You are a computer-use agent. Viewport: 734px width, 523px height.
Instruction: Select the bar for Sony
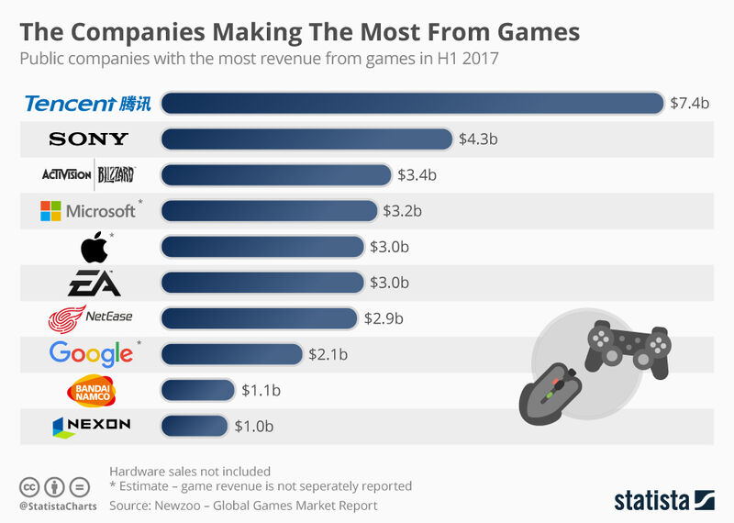tap(306, 139)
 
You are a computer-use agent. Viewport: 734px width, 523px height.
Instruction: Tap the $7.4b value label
tap(689, 103)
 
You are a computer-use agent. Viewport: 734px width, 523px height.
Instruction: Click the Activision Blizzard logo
tap(89, 174)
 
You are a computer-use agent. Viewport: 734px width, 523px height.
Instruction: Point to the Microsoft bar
tap(269, 210)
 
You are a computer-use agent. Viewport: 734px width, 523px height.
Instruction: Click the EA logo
tap(89, 283)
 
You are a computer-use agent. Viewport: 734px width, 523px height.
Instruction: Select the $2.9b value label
tap(384, 318)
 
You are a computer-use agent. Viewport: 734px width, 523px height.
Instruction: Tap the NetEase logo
tap(89, 318)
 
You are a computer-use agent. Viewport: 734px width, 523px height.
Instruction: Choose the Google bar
tap(231, 353)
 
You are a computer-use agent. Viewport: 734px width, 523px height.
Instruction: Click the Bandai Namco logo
tap(90, 390)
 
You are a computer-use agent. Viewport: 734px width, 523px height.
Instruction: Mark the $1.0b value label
tap(254, 426)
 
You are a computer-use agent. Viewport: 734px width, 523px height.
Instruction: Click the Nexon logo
tap(91, 425)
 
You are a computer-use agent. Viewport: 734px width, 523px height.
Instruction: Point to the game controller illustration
tap(628, 346)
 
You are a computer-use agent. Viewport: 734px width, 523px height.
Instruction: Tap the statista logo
tap(663, 500)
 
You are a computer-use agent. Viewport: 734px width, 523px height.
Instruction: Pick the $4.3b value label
tap(478, 139)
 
